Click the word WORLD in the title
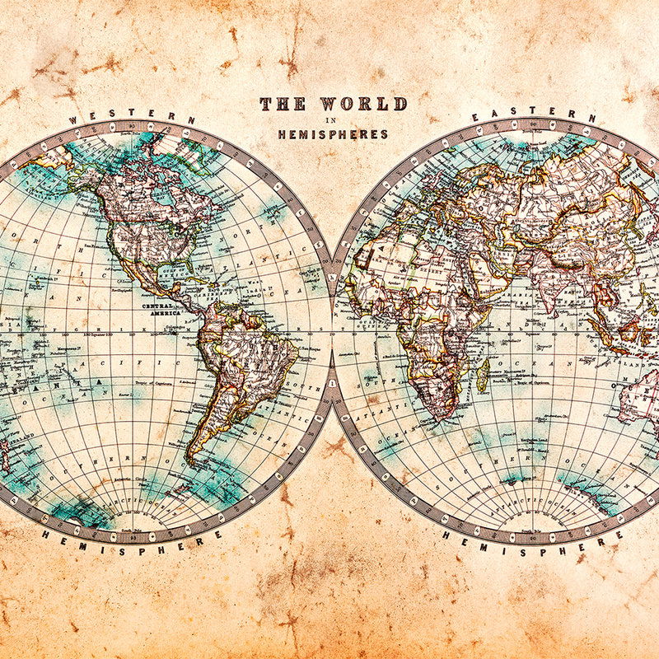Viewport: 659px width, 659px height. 363,105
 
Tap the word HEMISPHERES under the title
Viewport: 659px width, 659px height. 333,134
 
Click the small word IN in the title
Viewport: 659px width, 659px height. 333,120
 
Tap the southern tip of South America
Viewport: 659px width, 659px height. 191,457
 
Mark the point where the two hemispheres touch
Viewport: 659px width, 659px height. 332,329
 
